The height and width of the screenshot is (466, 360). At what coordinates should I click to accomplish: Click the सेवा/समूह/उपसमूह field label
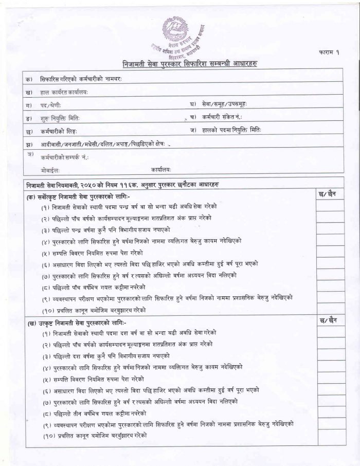(x=225, y=104)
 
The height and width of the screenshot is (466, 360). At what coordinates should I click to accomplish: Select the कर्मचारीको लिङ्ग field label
(x=62, y=132)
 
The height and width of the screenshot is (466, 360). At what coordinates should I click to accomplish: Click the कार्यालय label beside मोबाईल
(x=161, y=169)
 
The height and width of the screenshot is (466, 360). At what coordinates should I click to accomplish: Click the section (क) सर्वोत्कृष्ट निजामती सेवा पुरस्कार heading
(x=80, y=196)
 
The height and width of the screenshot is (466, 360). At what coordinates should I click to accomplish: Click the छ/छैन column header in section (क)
(x=329, y=194)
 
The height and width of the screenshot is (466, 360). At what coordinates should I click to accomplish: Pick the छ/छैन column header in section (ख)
(x=329, y=321)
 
